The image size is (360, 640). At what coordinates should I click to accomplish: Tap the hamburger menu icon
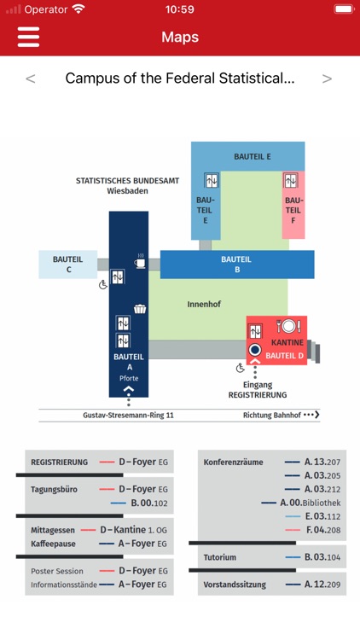tap(28, 37)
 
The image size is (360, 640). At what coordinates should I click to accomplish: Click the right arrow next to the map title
tap(327, 79)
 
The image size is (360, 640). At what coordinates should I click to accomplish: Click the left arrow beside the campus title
tap(31, 79)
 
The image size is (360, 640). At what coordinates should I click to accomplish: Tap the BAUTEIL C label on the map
tap(67, 265)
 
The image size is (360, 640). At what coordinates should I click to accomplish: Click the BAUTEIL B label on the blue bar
tap(236, 265)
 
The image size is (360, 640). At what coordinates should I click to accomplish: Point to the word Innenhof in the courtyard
tap(204, 304)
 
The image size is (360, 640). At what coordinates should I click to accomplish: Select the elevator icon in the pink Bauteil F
tap(291, 181)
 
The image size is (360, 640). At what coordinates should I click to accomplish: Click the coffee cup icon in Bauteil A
tap(141, 262)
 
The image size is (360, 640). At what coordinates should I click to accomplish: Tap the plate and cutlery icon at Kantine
tap(288, 325)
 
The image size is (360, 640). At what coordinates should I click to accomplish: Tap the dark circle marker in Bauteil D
tap(254, 350)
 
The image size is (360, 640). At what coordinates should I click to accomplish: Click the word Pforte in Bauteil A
tap(129, 378)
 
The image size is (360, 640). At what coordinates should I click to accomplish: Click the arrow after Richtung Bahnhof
tap(312, 415)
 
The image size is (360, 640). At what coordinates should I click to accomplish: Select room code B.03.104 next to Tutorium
tap(322, 557)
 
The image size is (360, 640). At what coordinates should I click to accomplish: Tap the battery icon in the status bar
tap(344, 9)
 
